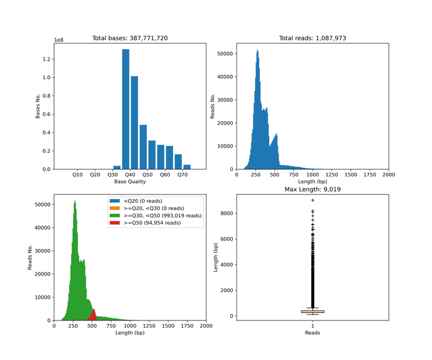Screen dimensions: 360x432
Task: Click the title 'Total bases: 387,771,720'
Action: (130, 38)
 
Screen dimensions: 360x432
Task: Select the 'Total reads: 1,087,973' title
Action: (313, 38)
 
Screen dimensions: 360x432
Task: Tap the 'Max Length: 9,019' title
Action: (313, 190)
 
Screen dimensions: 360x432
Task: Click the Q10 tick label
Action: (77, 175)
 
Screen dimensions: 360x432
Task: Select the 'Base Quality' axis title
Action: (130, 182)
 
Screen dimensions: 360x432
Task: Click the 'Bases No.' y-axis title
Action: (38, 107)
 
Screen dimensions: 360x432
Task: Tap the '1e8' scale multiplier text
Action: (59, 40)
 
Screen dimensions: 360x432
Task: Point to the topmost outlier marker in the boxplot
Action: (313, 200)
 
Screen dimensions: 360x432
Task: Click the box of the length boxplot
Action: (313, 311)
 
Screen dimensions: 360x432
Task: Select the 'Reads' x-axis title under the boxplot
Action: (313, 333)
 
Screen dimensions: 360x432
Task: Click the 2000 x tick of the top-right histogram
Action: (388, 175)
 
